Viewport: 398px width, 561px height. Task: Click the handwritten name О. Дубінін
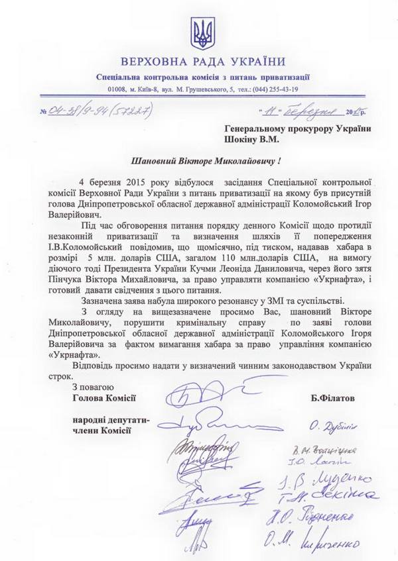[336, 425]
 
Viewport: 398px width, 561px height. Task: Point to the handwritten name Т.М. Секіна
[335, 496]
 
